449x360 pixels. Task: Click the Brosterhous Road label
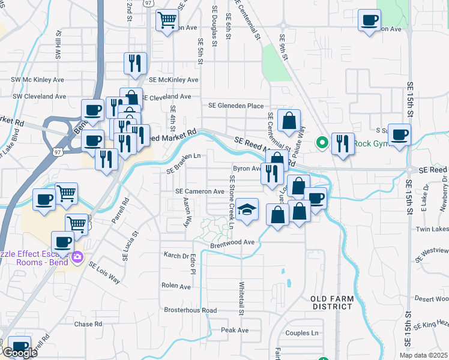click(x=190, y=310)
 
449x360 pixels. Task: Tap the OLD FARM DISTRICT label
click(x=331, y=302)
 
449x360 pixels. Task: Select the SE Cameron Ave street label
click(x=199, y=191)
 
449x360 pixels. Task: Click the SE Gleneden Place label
click(x=235, y=106)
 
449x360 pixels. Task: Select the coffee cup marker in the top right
click(x=369, y=20)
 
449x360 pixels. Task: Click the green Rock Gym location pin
click(x=322, y=143)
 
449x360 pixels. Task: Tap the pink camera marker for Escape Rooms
click(x=77, y=257)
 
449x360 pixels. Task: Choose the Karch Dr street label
click(x=176, y=255)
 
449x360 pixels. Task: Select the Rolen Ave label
click(x=176, y=286)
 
